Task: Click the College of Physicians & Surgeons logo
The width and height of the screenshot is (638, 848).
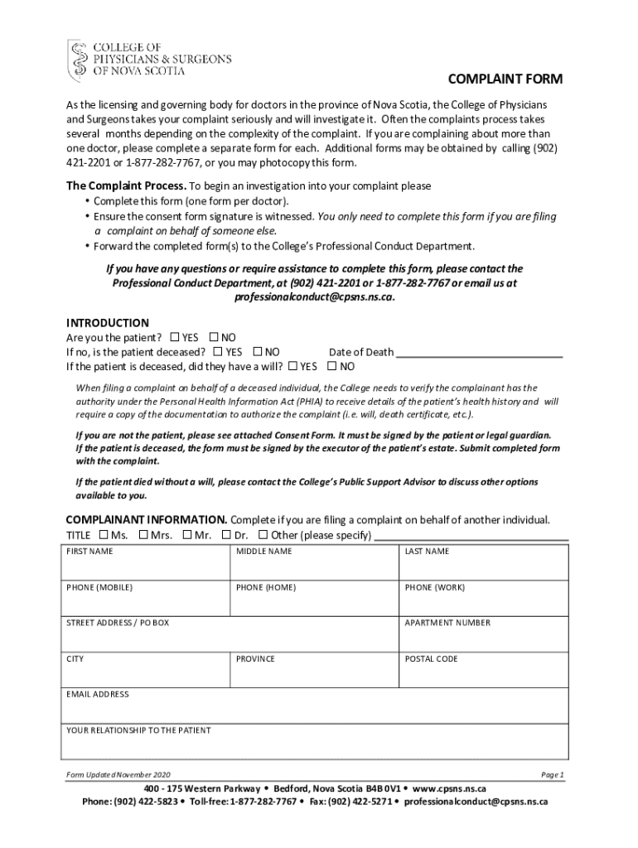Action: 149,59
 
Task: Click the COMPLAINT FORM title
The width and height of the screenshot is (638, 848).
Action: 505,79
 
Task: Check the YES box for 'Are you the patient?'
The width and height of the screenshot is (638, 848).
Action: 175,337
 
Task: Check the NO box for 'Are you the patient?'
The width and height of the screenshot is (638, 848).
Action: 214,337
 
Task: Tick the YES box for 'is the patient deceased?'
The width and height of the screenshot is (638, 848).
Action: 218,352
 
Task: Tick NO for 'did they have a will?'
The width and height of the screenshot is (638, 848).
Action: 332,366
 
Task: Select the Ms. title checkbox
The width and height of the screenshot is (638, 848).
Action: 104,534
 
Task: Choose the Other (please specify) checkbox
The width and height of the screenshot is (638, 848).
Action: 263,534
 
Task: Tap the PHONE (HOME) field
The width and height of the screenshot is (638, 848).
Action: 316,602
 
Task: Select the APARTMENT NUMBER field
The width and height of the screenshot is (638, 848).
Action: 485,638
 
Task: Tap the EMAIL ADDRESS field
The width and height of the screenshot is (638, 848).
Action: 315,710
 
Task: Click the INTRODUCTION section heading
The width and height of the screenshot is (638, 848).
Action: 108,322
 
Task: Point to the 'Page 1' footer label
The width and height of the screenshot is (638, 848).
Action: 552,774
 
